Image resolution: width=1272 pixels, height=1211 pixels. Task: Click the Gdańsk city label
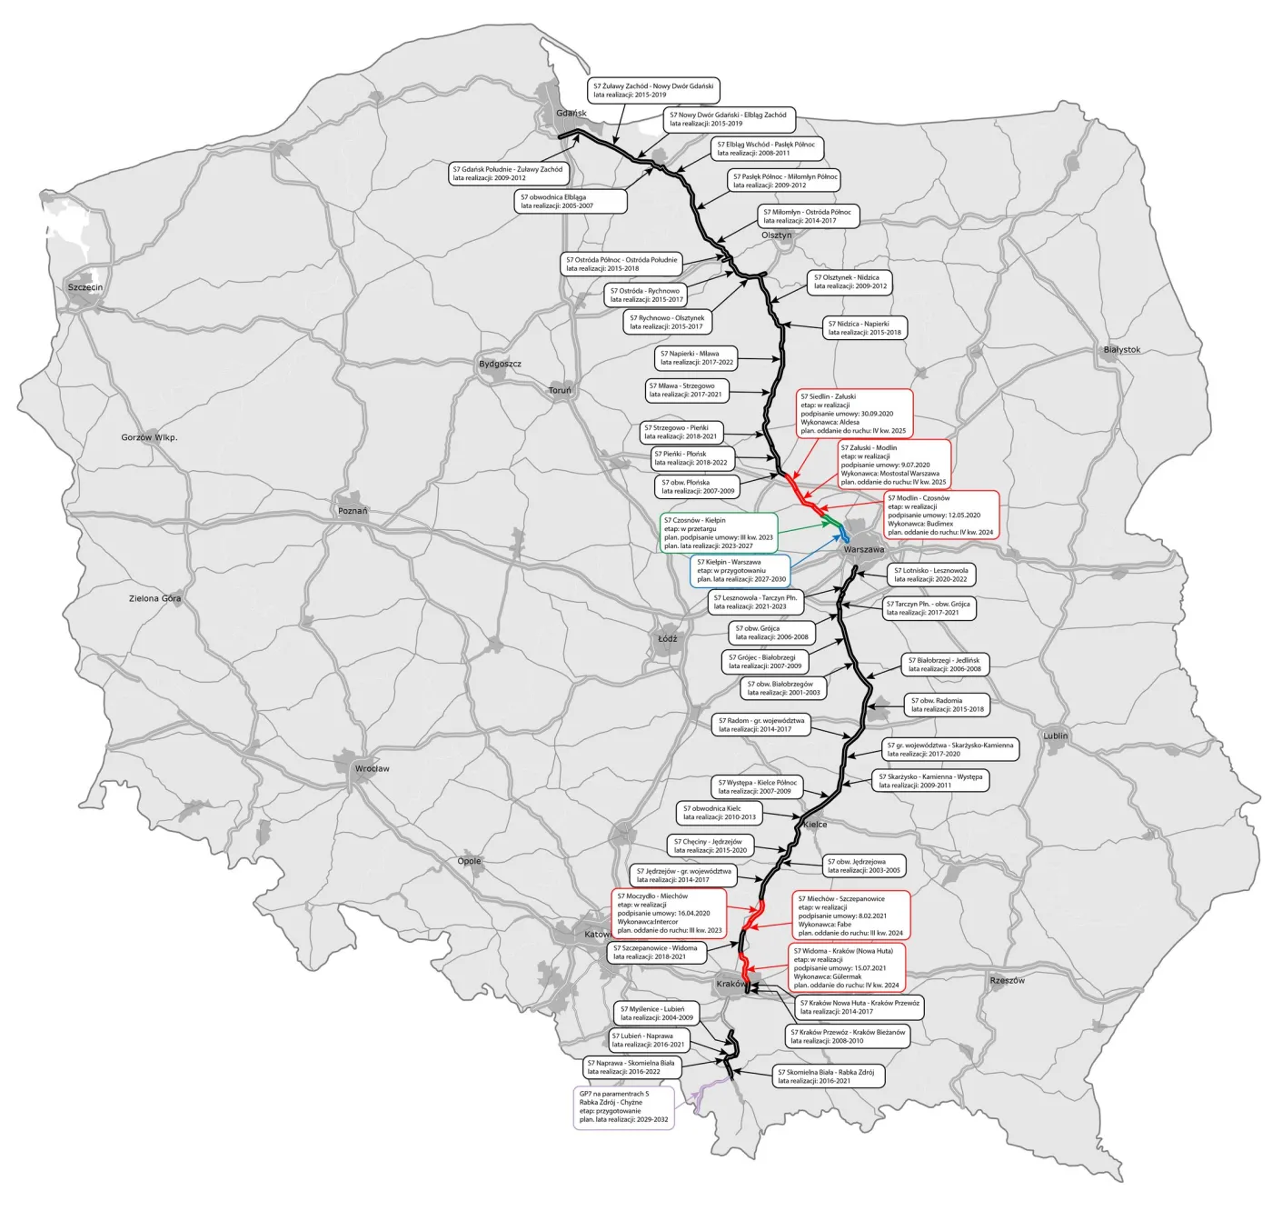[x=571, y=114]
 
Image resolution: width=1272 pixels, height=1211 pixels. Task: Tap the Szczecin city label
[x=85, y=287]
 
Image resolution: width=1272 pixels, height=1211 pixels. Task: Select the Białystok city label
[x=1121, y=350]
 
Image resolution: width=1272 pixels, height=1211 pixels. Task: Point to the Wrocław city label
[x=372, y=769]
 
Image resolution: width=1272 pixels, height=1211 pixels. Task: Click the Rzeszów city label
[x=1007, y=981]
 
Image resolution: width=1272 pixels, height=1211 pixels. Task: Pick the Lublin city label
[x=1055, y=736]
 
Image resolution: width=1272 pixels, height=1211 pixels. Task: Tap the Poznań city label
[x=353, y=511]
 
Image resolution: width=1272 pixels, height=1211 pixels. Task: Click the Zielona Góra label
[x=154, y=598]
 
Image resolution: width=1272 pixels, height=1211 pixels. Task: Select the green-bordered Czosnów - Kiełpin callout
[x=719, y=533]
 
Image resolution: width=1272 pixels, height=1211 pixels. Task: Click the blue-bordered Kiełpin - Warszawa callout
[x=740, y=571]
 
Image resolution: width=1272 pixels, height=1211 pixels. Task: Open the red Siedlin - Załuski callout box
[x=853, y=414]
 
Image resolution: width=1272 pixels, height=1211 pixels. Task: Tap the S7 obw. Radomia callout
[x=948, y=705]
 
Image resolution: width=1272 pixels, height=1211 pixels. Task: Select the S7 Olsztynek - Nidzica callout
[x=850, y=282]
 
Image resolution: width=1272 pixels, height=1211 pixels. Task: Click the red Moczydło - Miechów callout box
[x=669, y=913]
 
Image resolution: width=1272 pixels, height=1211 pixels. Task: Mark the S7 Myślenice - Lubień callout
[x=657, y=1013]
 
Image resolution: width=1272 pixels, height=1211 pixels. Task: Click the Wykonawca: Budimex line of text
[x=920, y=524]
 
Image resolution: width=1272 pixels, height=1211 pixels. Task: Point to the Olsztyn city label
[x=776, y=235]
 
